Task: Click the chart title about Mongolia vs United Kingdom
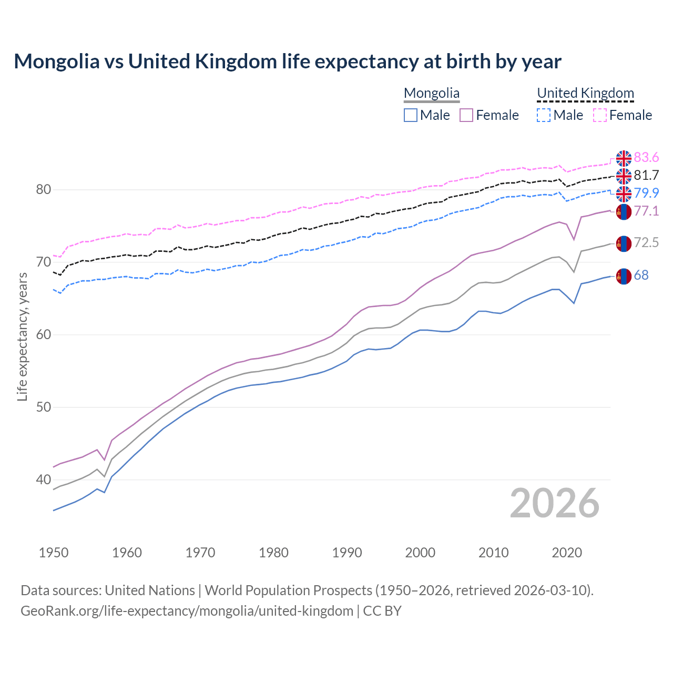tap(288, 62)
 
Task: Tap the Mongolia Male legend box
tap(411, 115)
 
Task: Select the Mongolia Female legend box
tap(466, 115)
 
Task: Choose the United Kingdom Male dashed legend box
tap(544, 115)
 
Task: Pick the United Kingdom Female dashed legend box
tap(599, 115)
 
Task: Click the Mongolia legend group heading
tap(432, 94)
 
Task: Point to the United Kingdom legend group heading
tap(585, 94)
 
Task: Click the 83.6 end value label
tap(646, 158)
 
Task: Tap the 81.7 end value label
tap(646, 176)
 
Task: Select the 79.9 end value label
tap(646, 193)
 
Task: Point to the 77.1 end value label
tap(646, 211)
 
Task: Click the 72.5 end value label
tap(646, 243)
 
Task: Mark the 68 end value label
tap(641, 276)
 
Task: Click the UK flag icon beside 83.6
tap(624, 158)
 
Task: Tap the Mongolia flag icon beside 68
tap(624, 276)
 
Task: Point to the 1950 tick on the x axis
tap(54, 553)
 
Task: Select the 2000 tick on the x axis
tap(420, 553)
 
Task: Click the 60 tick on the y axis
tap(43, 335)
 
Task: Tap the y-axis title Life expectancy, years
tap(23, 336)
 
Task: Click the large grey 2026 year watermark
tap(555, 503)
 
